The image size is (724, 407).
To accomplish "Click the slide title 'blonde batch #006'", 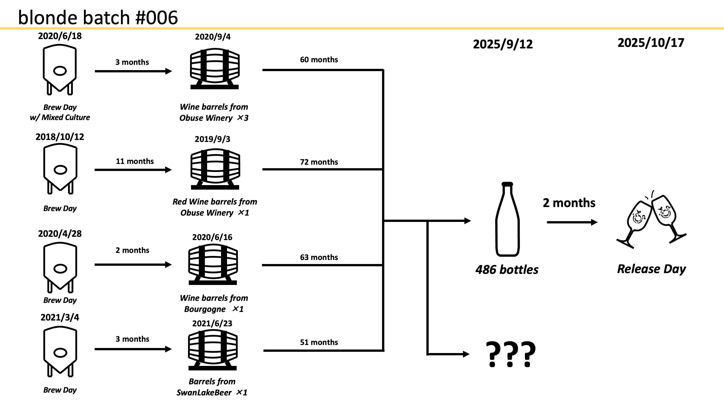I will pyautogui.click(x=98, y=17).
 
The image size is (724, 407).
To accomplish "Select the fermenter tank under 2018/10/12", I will pyautogui.click(x=60, y=168).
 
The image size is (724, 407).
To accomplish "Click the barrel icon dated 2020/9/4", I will pyautogui.click(x=214, y=69).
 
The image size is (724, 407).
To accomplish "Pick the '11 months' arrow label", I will pyautogui.click(x=135, y=161).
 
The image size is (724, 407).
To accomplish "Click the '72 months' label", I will pyautogui.click(x=319, y=162).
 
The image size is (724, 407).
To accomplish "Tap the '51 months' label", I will pyautogui.click(x=319, y=342).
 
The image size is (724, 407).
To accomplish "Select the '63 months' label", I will pyautogui.click(x=319, y=257).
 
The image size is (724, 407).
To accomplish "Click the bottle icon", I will pyautogui.click(x=507, y=219).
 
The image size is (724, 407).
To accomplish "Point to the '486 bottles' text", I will pyautogui.click(x=507, y=270).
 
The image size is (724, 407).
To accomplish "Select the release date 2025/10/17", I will pyautogui.click(x=651, y=43).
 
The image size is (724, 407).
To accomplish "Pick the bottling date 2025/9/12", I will pyautogui.click(x=502, y=44).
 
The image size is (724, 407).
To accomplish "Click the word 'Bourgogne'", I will pyautogui.click(x=205, y=309).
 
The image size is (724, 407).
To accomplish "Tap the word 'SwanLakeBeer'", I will pyautogui.click(x=204, y=393).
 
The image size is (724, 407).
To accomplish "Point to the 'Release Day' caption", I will pyautogui.click(x=651, y=269).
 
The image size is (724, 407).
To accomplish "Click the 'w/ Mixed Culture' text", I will pyautogui.click(x=60, y=117).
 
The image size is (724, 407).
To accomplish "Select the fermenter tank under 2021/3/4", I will pyautogui.click(x=60, y=351).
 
